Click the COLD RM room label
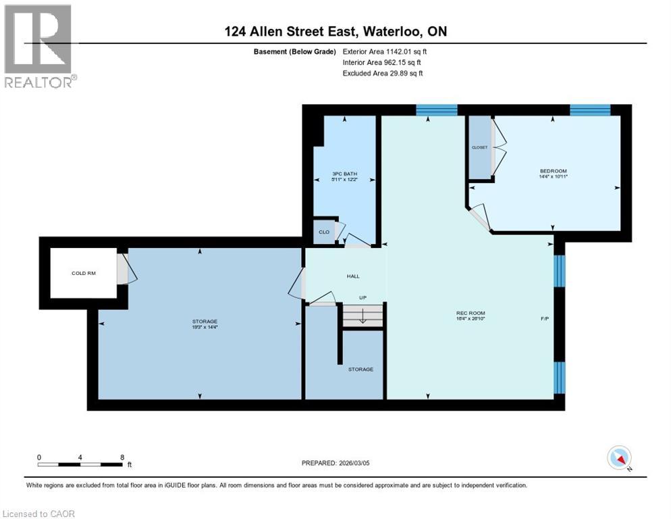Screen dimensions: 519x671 (83, 274)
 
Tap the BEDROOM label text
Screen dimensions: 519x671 (553, 171)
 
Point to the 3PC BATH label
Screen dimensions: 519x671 (344, 174)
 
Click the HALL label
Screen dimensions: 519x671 (353, 276)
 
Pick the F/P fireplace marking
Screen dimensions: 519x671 (544, 318)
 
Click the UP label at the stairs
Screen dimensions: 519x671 (363, 297)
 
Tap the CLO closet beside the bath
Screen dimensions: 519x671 (324, 232)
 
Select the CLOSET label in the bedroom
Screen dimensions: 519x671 (480, 147)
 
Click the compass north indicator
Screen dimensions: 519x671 (619, 458)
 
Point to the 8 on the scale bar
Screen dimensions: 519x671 (122, 457)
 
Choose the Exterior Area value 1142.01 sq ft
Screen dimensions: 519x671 (385, 51)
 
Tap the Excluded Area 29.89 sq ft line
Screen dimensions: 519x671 (383, 73)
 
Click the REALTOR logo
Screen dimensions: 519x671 (39, 46)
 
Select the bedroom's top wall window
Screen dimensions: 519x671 (590, 110)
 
